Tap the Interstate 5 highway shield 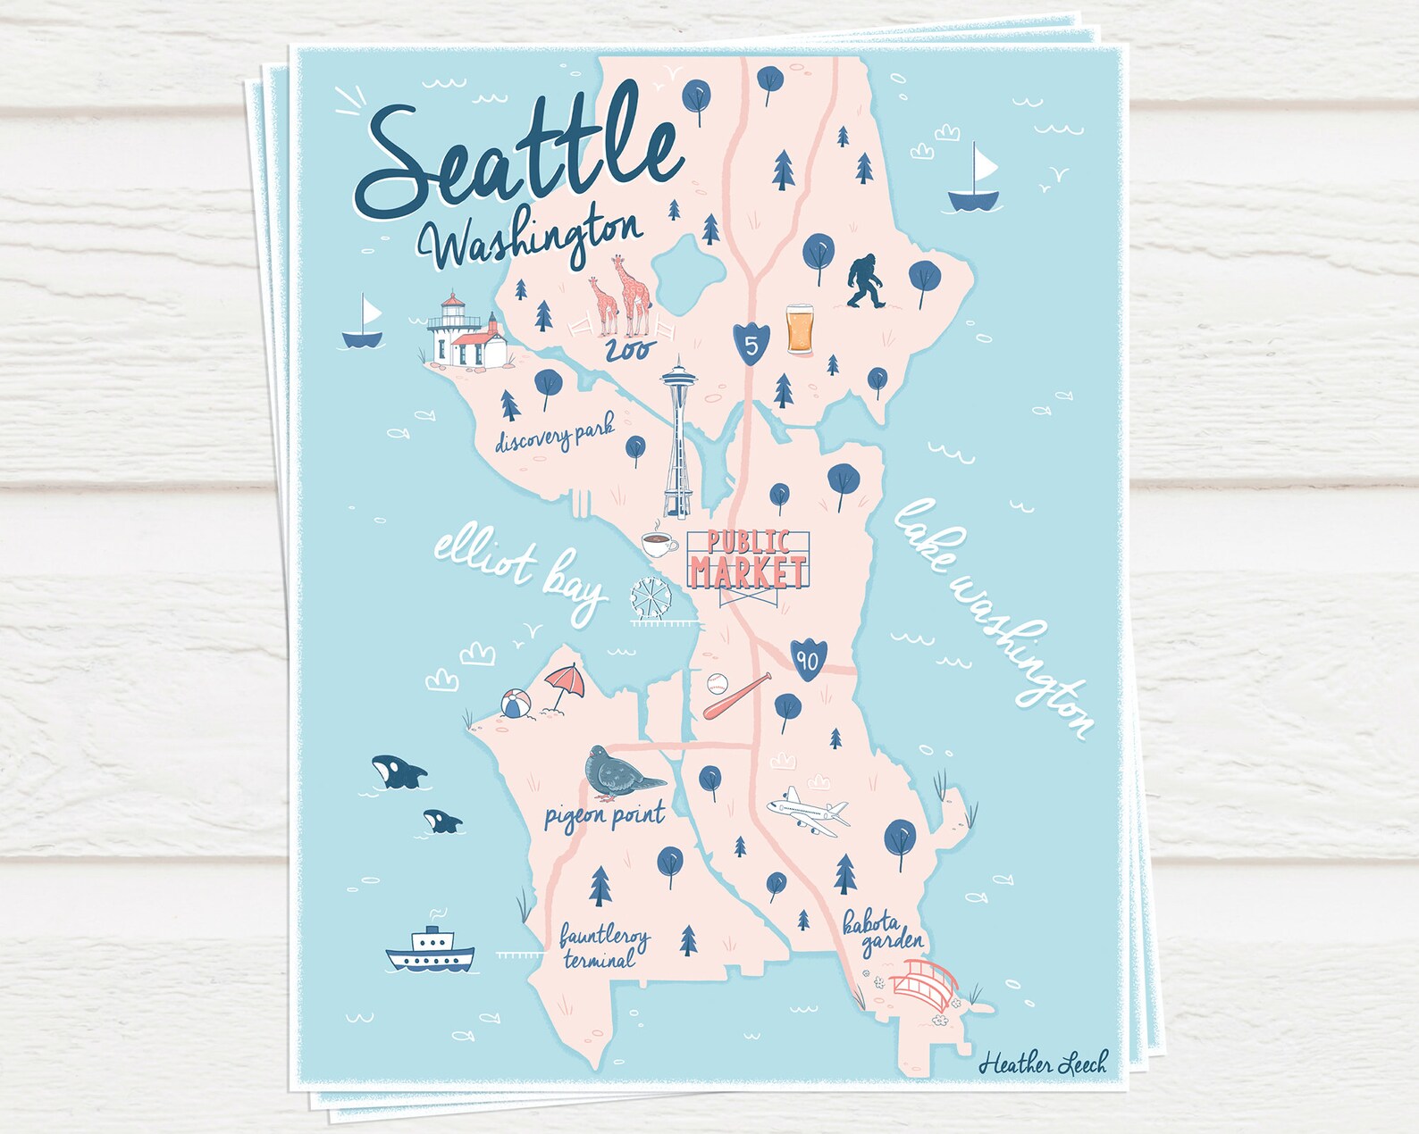[751, 341]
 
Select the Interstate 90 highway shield [808, 659]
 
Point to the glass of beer [800, 329]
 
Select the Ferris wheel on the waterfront [649, 600]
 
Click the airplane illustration [808, 809]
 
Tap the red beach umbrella [566, 684]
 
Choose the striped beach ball [516, 705]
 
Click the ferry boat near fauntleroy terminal [431, 952]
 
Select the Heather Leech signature [1042, 1063]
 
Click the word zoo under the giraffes [629, 349]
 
